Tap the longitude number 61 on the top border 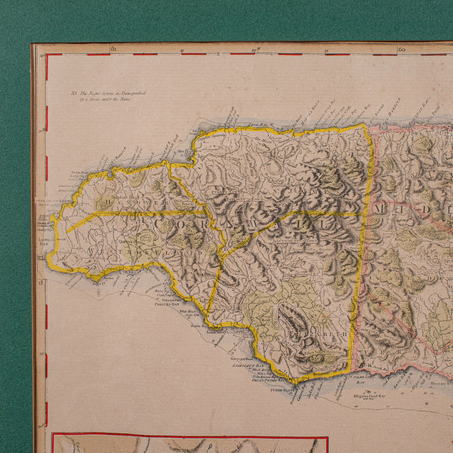(x=112, y=49)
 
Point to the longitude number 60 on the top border (x=402, y=49)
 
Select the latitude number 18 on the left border (x=42, y=282)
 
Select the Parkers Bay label (x=165, y=304)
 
